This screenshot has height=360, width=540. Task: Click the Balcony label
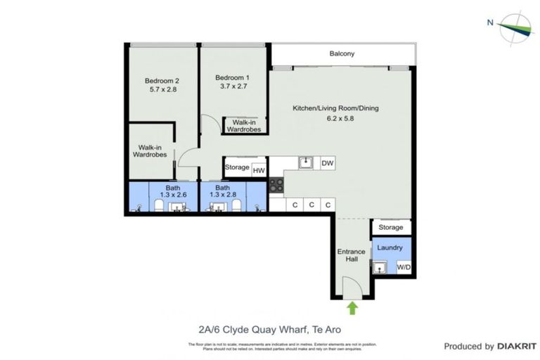(x=342, y=53)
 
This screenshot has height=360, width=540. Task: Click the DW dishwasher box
(x=327, y=163)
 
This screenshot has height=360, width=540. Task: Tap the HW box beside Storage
(x=259, y=169)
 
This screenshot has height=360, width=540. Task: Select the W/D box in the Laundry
(x=404, y=267)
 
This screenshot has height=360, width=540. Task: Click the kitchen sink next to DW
(x=306, y=163)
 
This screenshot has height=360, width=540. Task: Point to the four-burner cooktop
(x=276, y=186)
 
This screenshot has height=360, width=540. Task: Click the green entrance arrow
(x=352, y=307)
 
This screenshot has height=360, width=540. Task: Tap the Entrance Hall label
(x=351, y=255)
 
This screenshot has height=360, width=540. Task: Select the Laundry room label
(x=390, y=247)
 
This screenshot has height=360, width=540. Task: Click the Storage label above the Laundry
(x=391, y=228)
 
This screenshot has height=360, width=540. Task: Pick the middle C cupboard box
(x=311, y=205)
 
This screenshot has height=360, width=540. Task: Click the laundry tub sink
(x=380, y=267)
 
